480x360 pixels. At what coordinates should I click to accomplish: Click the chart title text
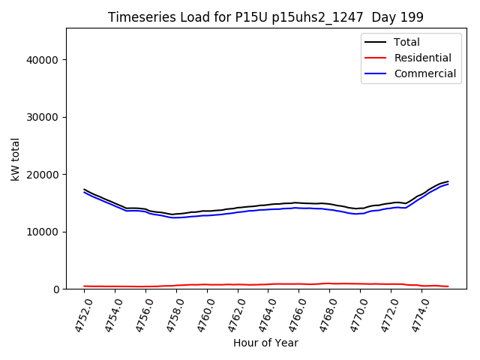click(265, 17)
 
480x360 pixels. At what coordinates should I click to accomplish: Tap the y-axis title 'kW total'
click(15, 159)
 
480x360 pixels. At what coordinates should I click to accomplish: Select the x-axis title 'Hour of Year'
click(265, 343)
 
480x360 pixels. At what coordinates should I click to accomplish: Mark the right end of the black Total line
click(448, 181)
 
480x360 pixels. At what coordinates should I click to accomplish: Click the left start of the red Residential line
click(84, 286)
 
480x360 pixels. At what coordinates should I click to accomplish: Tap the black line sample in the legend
click(375, 42)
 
